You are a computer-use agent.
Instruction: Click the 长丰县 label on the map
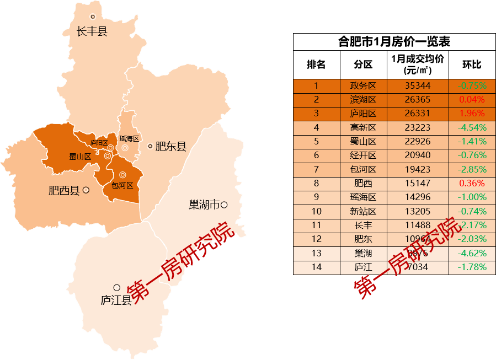point(92,31)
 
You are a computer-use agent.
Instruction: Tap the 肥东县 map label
point(171,147)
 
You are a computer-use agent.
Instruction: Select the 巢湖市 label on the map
point(204,205)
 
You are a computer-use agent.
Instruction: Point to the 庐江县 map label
point(116,300)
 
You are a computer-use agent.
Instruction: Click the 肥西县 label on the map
point(64,191)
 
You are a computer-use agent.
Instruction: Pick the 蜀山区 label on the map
point(80,157)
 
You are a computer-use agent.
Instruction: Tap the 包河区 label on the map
point(122,185)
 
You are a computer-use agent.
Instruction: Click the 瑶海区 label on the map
point(129,139)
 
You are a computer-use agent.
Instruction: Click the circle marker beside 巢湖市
point(224,205)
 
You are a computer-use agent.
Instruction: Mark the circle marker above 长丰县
point(93,17)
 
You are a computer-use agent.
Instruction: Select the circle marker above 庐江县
point(116,288)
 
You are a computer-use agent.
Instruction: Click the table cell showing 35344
point(418,86)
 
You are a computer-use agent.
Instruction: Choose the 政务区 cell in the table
point(363,86)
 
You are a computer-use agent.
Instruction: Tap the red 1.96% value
point(472,114)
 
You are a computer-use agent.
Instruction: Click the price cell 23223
point(418,128)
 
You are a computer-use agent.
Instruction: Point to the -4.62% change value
point(472,254)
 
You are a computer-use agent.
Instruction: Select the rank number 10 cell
point(316,212)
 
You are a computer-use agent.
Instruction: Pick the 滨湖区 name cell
point(363,100)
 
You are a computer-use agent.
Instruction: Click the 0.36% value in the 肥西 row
point(472,184)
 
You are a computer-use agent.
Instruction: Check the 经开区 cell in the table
point(363,156)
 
